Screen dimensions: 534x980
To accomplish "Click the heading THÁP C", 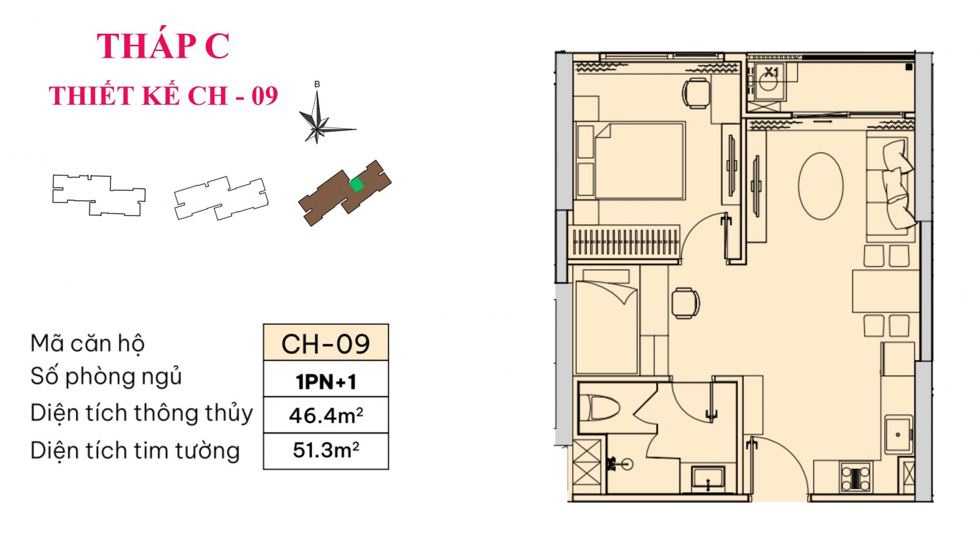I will pyautogui.click(x=163, y=46).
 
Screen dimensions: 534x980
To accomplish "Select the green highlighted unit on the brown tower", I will pyautogui.click(x=356, y=185).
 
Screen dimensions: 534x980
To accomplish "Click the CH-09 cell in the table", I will pyautogui.click(x=326, y=343).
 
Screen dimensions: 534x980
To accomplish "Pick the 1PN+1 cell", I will pyautogui.click(x=326, y=381).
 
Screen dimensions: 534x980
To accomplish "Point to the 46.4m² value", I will pyautogui.click(x=326, y=416).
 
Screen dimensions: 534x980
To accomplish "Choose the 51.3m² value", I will pyautogui.click(x=326, y=451).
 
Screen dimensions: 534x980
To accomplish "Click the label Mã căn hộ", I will pyautogui.click(x=88, y=343).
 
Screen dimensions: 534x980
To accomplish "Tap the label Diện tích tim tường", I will pyautogui.click(x=135, y=451).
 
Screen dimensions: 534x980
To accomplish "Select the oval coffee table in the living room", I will pyautogui.click(x=821, y=185).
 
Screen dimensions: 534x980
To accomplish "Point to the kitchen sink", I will pyautogui.click(x=899, y=434).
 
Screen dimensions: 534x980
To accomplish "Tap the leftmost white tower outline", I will pyautogui.click(x=99, y=194).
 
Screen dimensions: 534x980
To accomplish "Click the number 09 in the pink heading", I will pyautogui.click(x=265, y=96).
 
